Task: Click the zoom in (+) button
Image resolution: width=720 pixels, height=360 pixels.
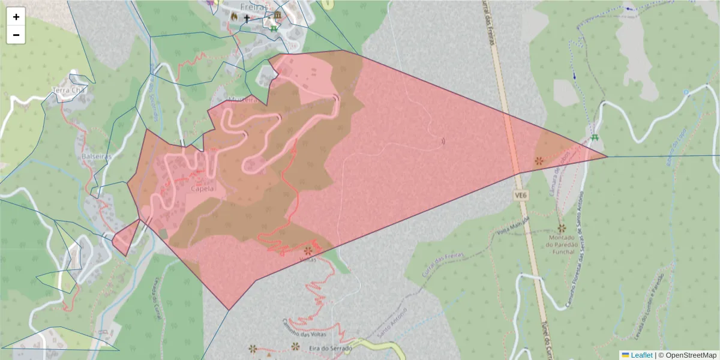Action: tap(16, 17)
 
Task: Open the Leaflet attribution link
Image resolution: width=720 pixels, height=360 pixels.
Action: tap(641, 355)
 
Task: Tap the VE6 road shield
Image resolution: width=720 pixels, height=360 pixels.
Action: tap(520, 195)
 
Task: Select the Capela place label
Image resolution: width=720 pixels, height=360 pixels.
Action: tap(202, 188)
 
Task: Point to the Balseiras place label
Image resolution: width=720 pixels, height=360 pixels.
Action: tap(95, 156)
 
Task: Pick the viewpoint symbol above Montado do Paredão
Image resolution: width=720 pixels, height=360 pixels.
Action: tap(562, 229)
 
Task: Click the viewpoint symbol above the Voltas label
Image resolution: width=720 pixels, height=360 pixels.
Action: tap(308, 250)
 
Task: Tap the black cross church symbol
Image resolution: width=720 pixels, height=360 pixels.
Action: tap(246, 19)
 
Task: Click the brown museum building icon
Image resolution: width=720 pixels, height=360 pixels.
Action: tap(277, 16)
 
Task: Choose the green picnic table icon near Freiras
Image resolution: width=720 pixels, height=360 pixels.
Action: tap(274, 28)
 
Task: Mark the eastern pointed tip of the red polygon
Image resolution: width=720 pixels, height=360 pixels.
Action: tap(607, 157)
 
